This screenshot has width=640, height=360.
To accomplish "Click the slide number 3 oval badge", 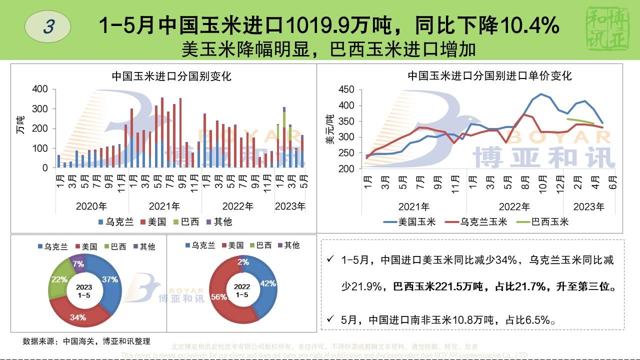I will pos(48,26).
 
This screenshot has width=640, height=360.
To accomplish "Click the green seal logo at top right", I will pos(608,29).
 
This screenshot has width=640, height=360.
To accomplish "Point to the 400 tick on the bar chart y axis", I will pos(40,89).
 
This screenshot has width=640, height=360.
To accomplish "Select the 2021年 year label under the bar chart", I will pos(165,206).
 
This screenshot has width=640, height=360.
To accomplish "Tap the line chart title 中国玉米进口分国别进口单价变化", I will pos(489,76).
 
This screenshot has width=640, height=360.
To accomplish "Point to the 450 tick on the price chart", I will pos(346,90).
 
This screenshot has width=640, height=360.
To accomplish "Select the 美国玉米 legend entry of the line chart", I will pos(410,221).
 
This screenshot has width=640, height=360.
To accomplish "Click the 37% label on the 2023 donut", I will pos(109,279).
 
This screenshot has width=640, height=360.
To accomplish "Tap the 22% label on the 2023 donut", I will pos(59,279).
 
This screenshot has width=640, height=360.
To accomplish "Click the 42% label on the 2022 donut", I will pos(268,283).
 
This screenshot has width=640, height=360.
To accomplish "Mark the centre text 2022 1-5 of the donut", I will pos(242,291).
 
